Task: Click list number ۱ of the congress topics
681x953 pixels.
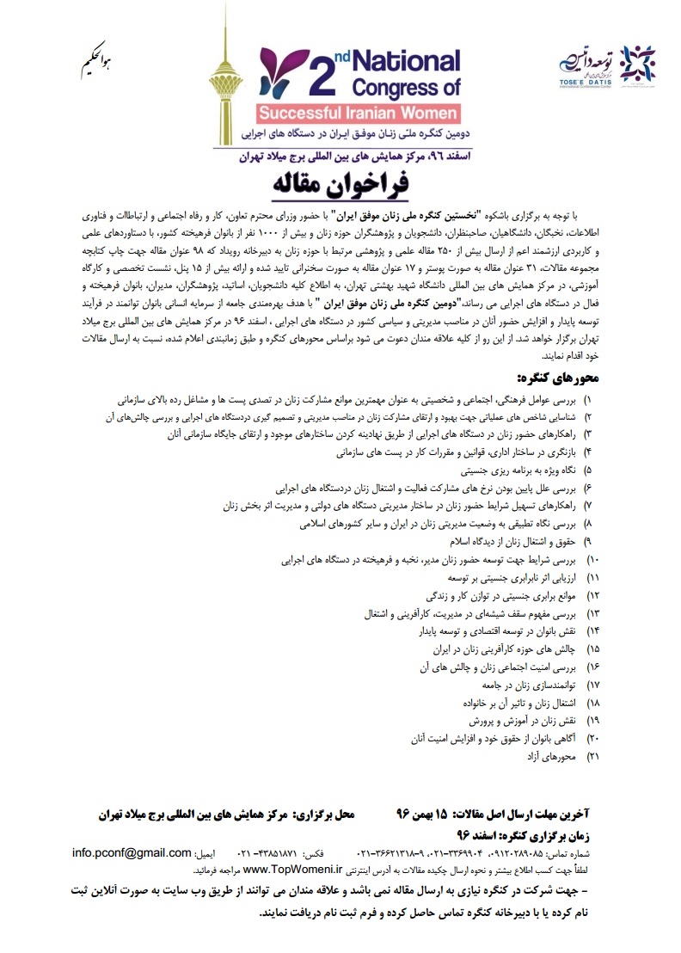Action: pyautogui.click(x=588, y=400)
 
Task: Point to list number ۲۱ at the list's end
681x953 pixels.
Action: pyautogui.click(x=592, y=757)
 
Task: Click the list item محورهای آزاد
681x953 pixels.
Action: pyautogui.click(x=554, y=757)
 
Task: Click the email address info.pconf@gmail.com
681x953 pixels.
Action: pyautogui.click(x=144, y=853)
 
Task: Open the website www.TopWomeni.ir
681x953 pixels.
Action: pyautogui.click(x=292, y=870)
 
